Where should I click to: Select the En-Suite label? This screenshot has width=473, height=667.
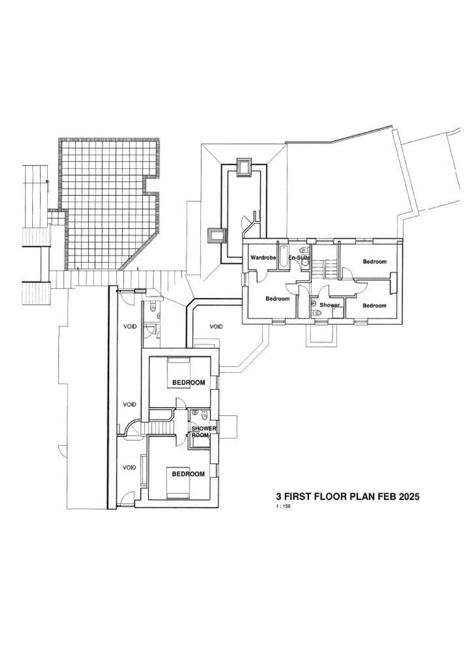[x=298, y=258]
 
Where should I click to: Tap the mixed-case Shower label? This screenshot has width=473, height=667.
[x=330, y=305]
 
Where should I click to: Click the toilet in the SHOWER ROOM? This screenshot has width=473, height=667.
[x=205, y=414]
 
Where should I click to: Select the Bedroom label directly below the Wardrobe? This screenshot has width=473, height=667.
[x=277, y=299]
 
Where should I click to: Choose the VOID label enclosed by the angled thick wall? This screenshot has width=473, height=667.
[x=216, y=326]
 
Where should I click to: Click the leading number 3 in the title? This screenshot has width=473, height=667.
[x=279, y=497]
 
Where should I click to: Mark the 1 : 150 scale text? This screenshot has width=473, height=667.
[x=283, y=507]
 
